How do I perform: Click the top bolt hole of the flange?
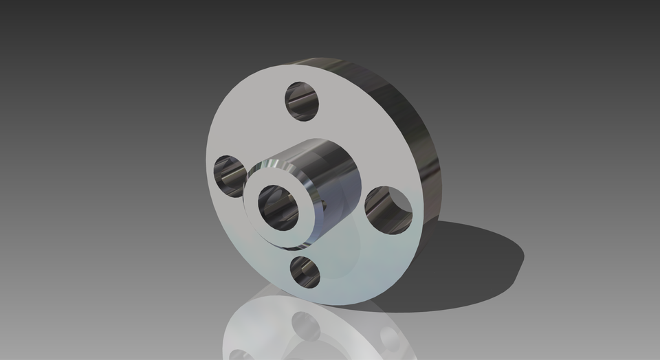(302, 100)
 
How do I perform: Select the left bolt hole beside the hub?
(230, 176)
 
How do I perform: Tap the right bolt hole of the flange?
(388, 208)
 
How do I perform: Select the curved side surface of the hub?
(337, 185)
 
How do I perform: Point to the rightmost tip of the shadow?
(523, 257)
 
